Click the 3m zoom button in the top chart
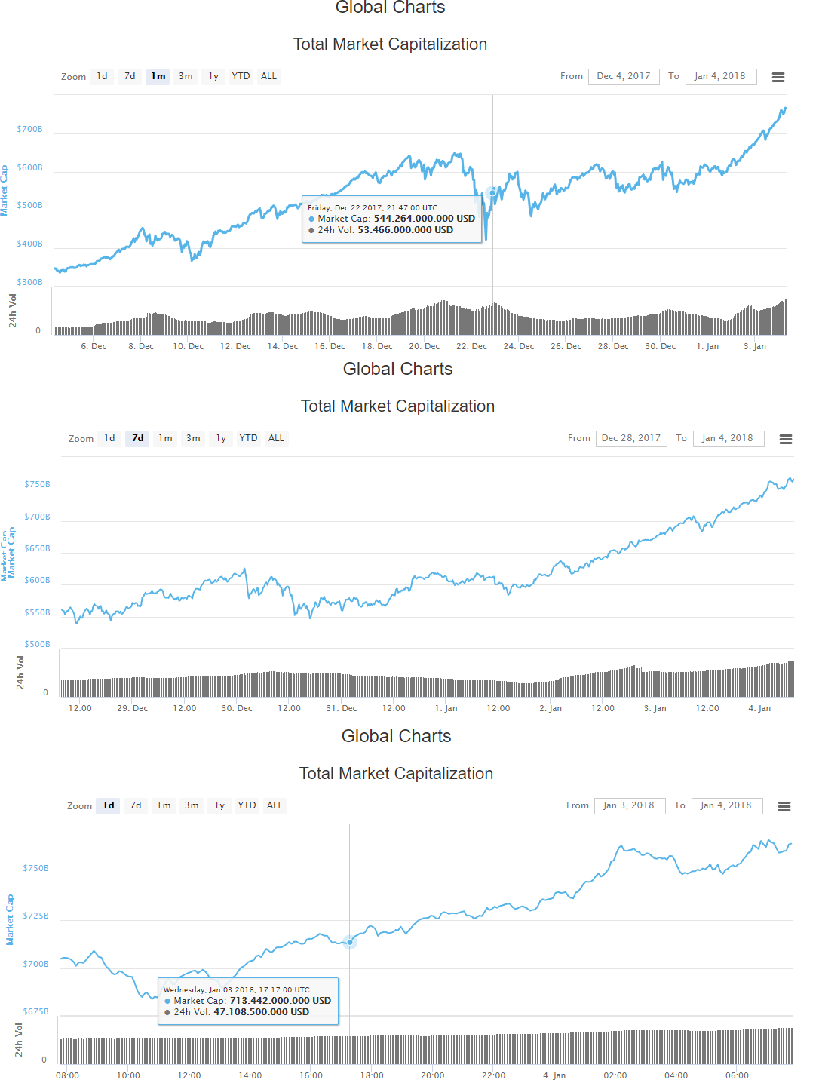(186, 76)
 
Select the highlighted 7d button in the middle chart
(138, 438)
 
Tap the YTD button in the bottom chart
(247, 805)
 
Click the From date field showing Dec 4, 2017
(624, 76)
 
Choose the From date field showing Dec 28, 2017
(631, 438)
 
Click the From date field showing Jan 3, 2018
(629, 805)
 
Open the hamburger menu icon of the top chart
(778, 77)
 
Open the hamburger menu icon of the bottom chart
(784, 806)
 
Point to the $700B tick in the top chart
(30, 130)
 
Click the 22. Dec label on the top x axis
(471, 347)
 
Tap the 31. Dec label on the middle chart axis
(342, 709)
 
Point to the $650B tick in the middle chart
(38, 549)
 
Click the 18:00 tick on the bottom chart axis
(372, 1076)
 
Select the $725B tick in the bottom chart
(35, 916)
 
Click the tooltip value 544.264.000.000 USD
(425, 219)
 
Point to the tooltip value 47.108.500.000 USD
(262, 1012)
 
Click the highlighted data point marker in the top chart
(492, 193)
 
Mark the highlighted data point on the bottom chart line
(350, 942)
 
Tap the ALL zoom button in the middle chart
(277, 438)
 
